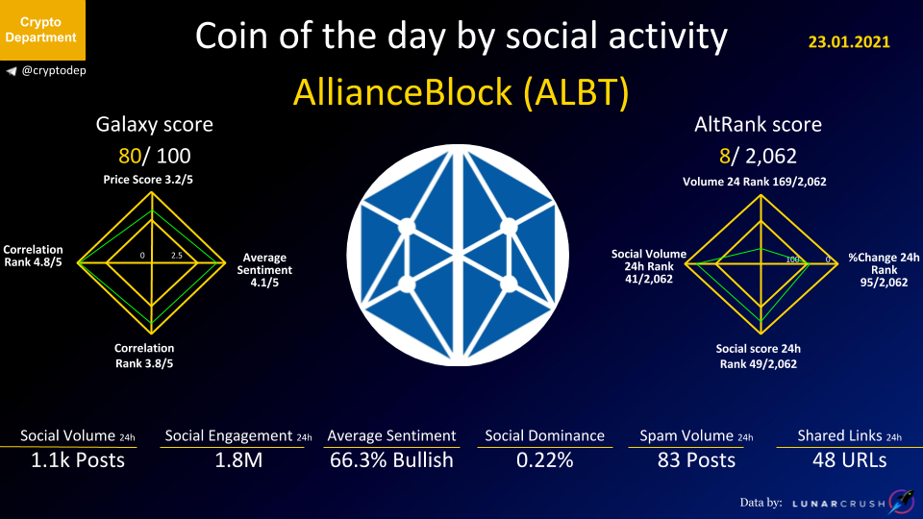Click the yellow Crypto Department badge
pos(42,30)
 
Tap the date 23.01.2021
pos(849,41)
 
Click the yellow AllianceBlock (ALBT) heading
pos(461,92)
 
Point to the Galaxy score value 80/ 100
pos(154,156)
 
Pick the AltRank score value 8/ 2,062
pos(758,156)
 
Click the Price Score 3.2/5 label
pos(148,180)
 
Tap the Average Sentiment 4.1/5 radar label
pos(264,270)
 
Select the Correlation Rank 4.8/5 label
pos(33,256)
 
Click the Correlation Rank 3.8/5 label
pos(144,356)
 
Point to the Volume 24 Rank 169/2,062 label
pos(754,182)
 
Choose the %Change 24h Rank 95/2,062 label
pos(884,270)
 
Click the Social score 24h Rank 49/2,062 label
pos(759,356)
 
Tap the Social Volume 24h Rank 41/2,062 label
pos(649,266)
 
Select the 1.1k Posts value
pos(78,459)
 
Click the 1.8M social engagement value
pos(238,459)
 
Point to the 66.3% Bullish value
pos(391,459)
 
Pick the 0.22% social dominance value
pos(544,459)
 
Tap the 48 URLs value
pos(849,459)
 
